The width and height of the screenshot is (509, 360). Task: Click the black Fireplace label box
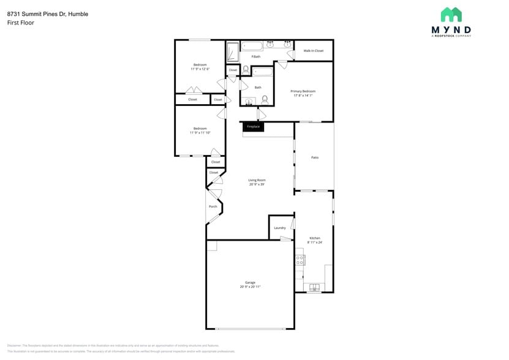point(253,127)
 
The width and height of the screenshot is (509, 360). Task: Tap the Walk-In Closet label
point(314,51)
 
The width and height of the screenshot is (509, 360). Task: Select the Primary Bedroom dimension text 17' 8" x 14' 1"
point(304,96)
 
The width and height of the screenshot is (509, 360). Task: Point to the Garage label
point(250,282)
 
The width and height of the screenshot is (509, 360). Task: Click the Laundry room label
point(280,228)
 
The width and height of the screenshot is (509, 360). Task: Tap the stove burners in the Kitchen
point(300,260)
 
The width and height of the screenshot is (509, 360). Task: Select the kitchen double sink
point(315,287)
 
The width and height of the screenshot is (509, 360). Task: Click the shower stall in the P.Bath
point(233,52)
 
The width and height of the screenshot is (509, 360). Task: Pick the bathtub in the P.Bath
point(252,45)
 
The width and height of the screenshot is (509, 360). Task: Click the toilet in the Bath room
point(265,99)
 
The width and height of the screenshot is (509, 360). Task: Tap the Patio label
point(315,157)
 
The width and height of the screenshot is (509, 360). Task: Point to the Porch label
point(213,206)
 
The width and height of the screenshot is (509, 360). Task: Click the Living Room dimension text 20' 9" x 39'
point(257,184)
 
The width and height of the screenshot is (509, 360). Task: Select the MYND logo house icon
point(451,15)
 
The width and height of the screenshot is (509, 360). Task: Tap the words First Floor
point(21,23)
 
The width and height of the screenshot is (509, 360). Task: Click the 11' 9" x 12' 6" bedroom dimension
point(200,69)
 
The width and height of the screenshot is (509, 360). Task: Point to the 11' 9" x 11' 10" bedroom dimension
point(200,133)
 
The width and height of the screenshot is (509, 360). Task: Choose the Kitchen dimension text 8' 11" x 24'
point(314,242)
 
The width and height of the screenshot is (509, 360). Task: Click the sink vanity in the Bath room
point(249,102)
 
